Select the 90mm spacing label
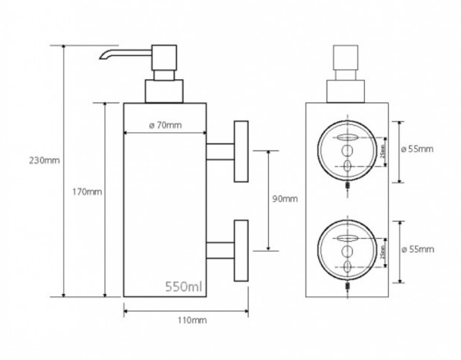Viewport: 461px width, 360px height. point(284,199)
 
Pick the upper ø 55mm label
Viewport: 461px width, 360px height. point(419,149)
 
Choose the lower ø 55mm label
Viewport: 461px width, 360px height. point(419,250)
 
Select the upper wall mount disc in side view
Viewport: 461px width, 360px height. point(240,150)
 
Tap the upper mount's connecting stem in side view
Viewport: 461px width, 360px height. point(221,150)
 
